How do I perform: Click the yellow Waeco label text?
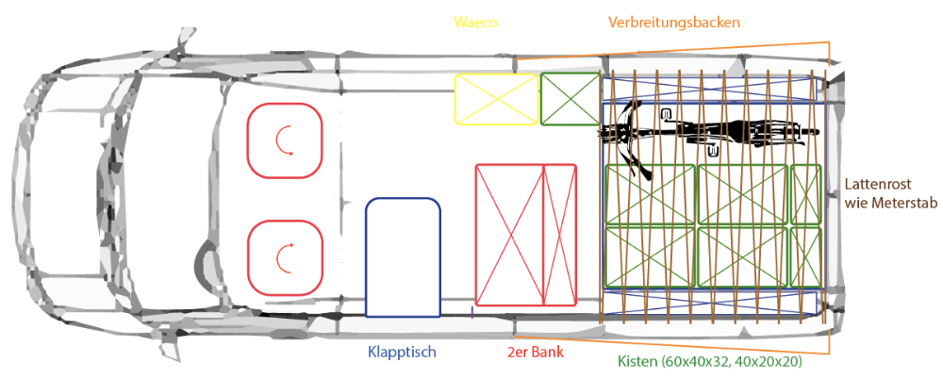point(475,23)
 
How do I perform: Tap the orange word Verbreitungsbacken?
point(673,23)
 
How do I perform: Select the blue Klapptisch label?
point(402,352)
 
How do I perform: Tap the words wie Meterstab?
point(891,204)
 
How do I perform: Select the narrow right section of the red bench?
point(560,235)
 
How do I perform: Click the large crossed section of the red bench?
point(509,235)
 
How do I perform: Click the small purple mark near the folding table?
point(472,312)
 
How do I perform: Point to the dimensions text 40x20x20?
point(773,361)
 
